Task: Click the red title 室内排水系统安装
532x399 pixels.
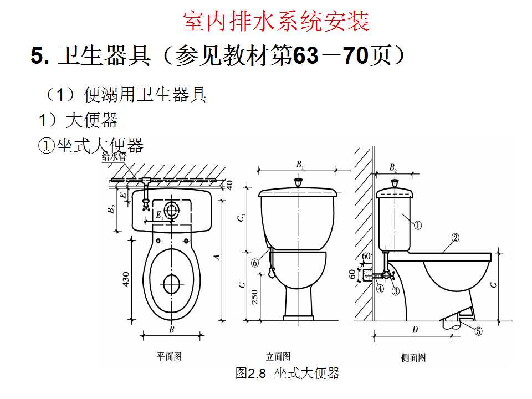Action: click(x=276, y=22)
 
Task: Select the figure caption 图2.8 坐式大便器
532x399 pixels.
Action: click(x=287, y=374)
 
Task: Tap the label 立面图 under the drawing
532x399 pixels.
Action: click(x=278, y=357)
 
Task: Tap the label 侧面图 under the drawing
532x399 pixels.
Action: click(x=413, y=358)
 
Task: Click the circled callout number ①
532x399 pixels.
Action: click(x=418, y=226)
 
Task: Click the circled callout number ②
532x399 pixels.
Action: click(x=455, y=238)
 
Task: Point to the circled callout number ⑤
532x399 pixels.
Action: click(x=478, y=331)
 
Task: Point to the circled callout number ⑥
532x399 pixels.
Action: click(x=255, y=264)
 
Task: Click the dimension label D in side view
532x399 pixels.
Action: click(x=415, y=330)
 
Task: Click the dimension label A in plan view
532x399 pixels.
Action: click(x=217, y=257)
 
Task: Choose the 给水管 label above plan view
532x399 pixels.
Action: click(x=114, y=157)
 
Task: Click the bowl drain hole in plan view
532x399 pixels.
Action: click(x=172, y=284)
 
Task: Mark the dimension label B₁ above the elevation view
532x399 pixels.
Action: click(x=299, y=165)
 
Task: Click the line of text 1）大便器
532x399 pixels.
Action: click(x=78, y=120)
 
